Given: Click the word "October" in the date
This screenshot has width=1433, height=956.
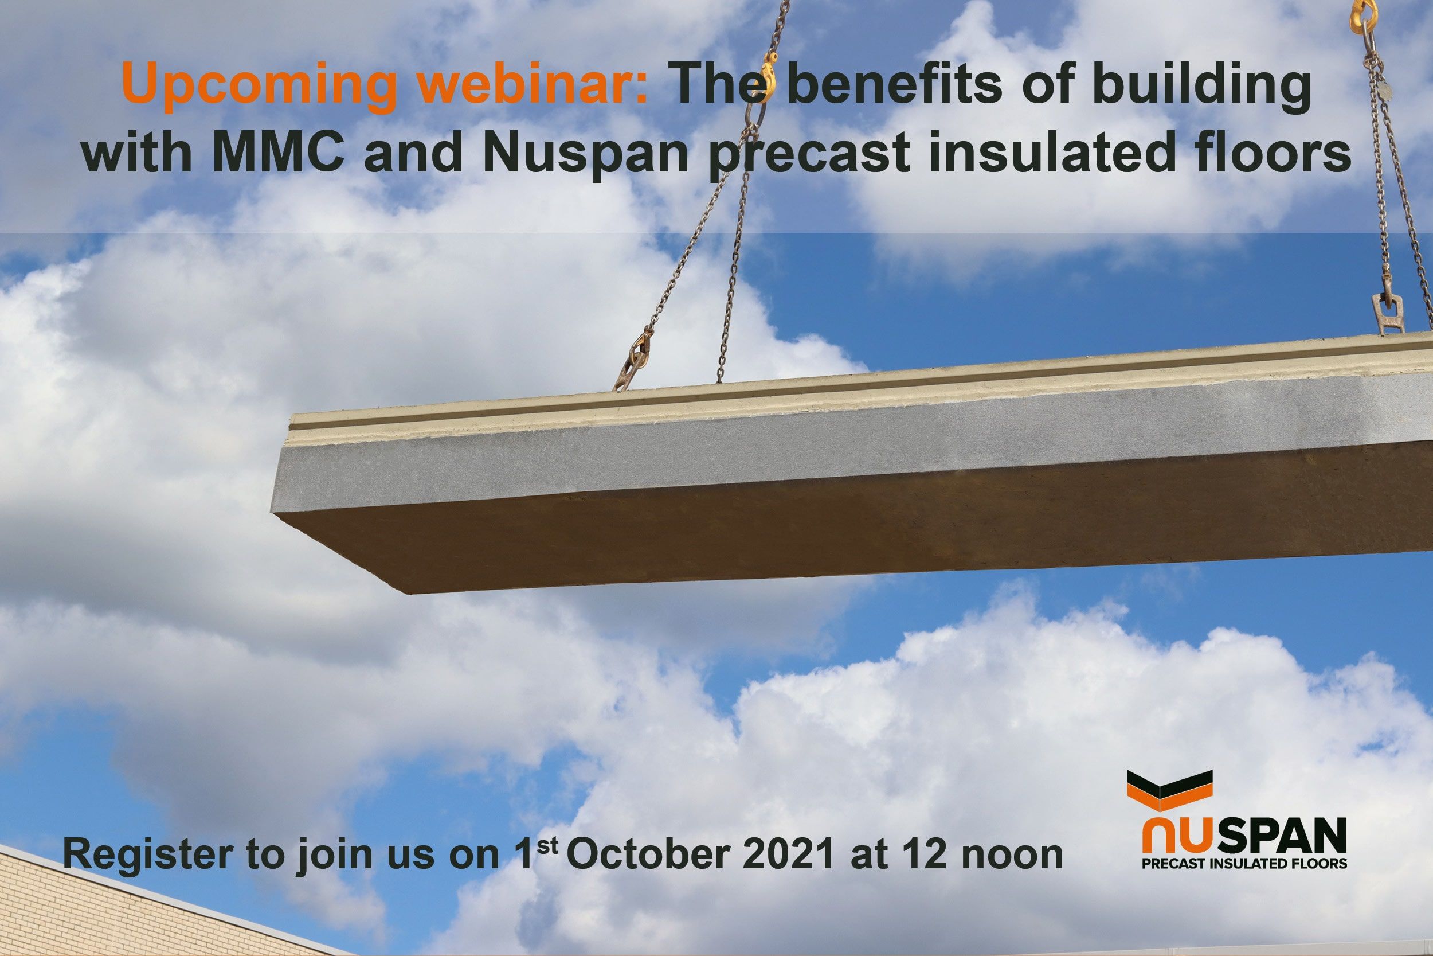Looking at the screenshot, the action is pos(649,856).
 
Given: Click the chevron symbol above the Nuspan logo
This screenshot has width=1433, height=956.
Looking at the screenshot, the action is pos(1170,792).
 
